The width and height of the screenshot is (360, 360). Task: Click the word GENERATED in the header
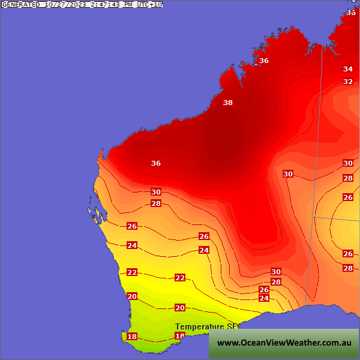pos(21,4)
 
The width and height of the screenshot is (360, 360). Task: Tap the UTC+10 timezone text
pos(149,4)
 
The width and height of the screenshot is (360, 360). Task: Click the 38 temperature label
pos(228,103)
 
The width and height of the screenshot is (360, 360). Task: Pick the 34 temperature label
pos(348,69)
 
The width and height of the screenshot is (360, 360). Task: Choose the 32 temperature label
pos(348,82)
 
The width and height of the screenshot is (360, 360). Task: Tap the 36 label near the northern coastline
pos(264,61)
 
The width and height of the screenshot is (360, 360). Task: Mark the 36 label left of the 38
pos(156,163)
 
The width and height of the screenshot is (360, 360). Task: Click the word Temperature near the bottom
pos(199,327)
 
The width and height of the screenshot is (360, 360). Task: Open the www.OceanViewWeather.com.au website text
pos(284,343)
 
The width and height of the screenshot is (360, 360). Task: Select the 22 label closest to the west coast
pos(132,272)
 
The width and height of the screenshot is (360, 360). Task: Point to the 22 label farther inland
pos(180,278)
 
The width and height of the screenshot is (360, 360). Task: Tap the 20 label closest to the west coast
pos(132,296)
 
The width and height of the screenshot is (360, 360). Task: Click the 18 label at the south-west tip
pos(132,337)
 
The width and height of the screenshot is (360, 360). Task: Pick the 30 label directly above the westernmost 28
pos(156,192)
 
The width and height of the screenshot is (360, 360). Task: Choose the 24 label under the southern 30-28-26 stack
pos(264,298)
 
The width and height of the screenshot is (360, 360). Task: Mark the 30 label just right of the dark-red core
pos(288,174)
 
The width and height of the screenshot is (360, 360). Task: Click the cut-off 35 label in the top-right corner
pos(351,12)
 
